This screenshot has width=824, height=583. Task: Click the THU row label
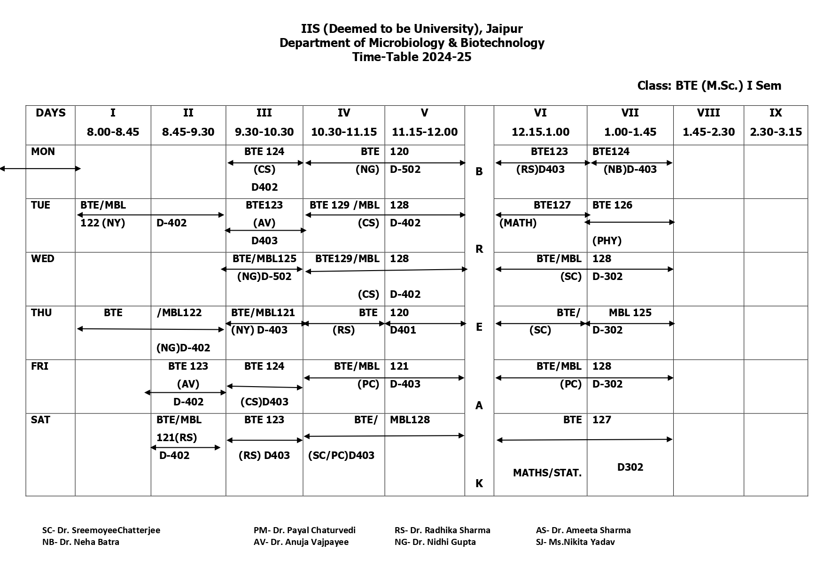(x=41, y=313)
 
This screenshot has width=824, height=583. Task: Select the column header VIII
(x=708, y=113)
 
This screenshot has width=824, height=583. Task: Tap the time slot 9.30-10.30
(x=264, y=132)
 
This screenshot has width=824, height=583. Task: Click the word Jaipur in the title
(x=504, y=29)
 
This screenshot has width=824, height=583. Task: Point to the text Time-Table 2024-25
(x=412, y=57)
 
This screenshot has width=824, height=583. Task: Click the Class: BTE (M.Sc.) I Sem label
(x=709, y=86)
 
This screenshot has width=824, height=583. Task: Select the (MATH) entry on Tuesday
(x=518, y=223)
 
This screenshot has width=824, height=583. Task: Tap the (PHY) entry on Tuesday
(x=606, y=241)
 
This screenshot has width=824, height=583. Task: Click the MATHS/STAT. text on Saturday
(x=547, y=473)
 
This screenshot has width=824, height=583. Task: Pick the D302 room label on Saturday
(x=630, y=467)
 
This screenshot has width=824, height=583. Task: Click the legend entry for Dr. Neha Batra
(x=81, y=542)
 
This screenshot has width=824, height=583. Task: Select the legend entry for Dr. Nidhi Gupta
(x=435, y=542)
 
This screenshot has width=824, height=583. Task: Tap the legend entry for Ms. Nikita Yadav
(x=575, y=542)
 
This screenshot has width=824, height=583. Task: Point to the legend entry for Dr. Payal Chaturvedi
(x=304, y=530)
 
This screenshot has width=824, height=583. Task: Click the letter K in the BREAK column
(x=479, y=483)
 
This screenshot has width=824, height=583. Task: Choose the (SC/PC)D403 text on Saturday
(x=341, y=456)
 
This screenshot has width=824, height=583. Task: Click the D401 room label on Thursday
(x=403, y=330)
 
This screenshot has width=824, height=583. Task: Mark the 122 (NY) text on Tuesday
(x=102, y=223)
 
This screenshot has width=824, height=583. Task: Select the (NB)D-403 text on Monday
(x=630, y=170)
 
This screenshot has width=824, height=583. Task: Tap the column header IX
(x=775, y=113)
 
